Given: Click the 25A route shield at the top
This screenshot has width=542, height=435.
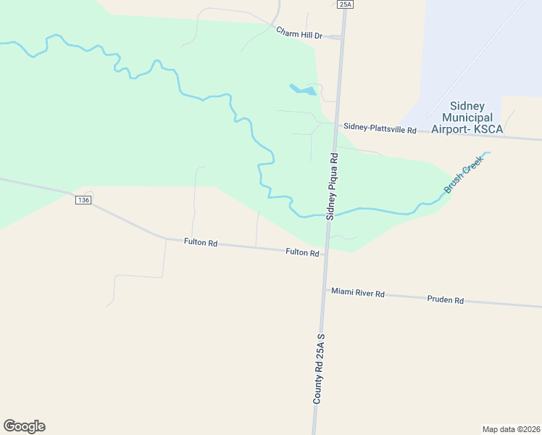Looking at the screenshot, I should coord(345,4).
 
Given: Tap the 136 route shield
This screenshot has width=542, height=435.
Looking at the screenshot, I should coord(83,200).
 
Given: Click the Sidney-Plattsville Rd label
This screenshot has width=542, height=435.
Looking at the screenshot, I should coord(380,128).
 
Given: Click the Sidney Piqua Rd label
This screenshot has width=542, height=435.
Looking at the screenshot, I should coord(333,186).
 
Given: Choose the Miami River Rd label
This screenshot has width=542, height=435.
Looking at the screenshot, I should coord(358,293).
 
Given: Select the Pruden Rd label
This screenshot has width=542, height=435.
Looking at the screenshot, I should coord(445,299).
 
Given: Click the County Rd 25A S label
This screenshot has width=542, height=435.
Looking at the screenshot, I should coord(318,369).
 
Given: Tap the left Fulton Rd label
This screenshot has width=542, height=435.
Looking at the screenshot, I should coord(201,243).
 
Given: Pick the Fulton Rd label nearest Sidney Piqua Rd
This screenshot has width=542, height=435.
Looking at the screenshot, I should coord(302,252).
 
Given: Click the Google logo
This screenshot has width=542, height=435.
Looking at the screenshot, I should coord(24,426).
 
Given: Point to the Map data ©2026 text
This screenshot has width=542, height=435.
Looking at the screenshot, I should coord(511,429).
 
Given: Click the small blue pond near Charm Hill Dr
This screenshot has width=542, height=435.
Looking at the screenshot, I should coord(303,91).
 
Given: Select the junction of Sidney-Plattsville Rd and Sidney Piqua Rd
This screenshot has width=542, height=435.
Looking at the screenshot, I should coord(336,124).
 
